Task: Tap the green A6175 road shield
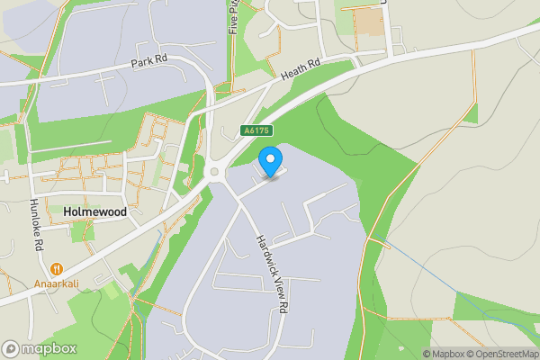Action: [x=256, y=131]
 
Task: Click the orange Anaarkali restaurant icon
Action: [x=56, y=267]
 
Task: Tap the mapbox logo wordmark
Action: [x=49, y=349]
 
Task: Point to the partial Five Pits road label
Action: [x=233, y=16]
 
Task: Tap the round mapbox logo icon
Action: [x=11, y=349]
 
